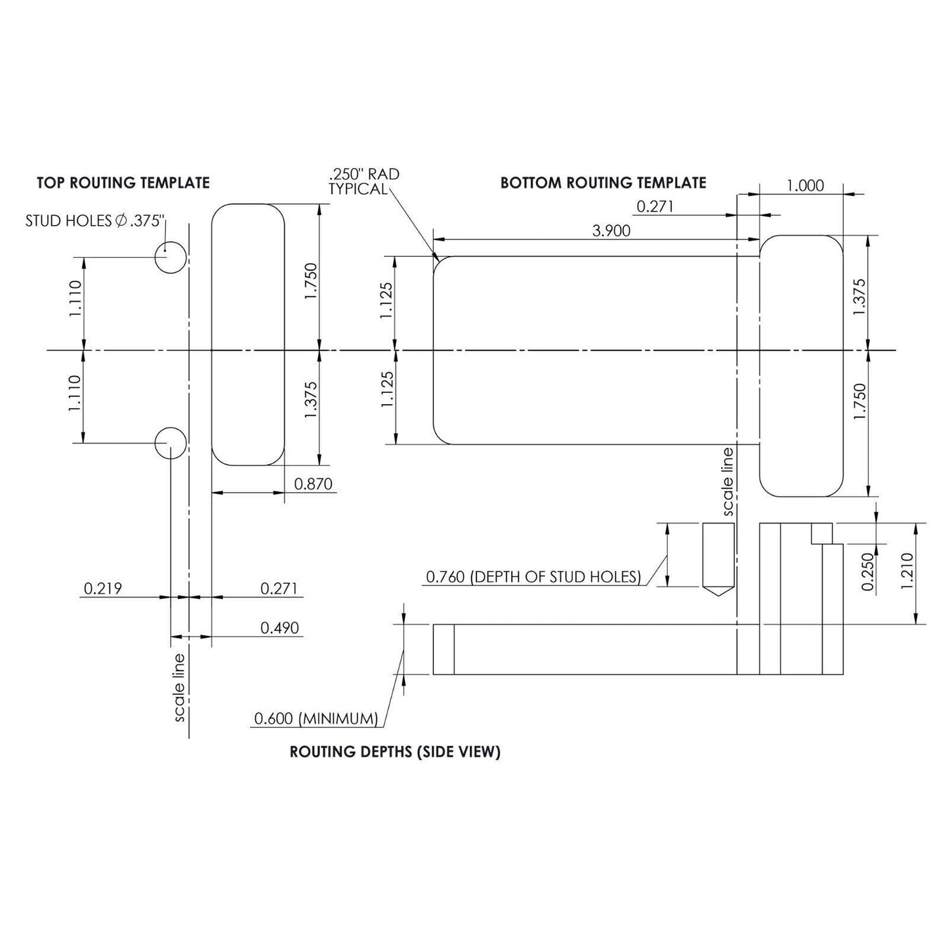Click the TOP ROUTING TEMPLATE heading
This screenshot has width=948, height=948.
pyautogui.click(x=123, y=183)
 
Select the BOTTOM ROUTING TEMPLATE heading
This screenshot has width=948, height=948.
pyautogui.click(x=603, y=183)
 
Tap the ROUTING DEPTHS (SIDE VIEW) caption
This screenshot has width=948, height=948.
pyautogui.click(x=395, y=752)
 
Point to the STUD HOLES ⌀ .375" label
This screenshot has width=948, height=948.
pyautogui.click(x=94, y=221)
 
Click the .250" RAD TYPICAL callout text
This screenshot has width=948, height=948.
pyautogui.click(x=364, y=182)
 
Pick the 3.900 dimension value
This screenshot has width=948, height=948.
pyautogui.click(x=611, y=230)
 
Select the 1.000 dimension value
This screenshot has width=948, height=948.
pyautogui.click(x=806, y=186)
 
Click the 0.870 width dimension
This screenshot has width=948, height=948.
pyautogui.click(x=314, y=484)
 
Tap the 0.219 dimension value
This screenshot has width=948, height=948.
pyautogui.click(x=103, y=588)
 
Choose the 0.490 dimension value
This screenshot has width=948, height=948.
pyautogui.click(x=279, y=628)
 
